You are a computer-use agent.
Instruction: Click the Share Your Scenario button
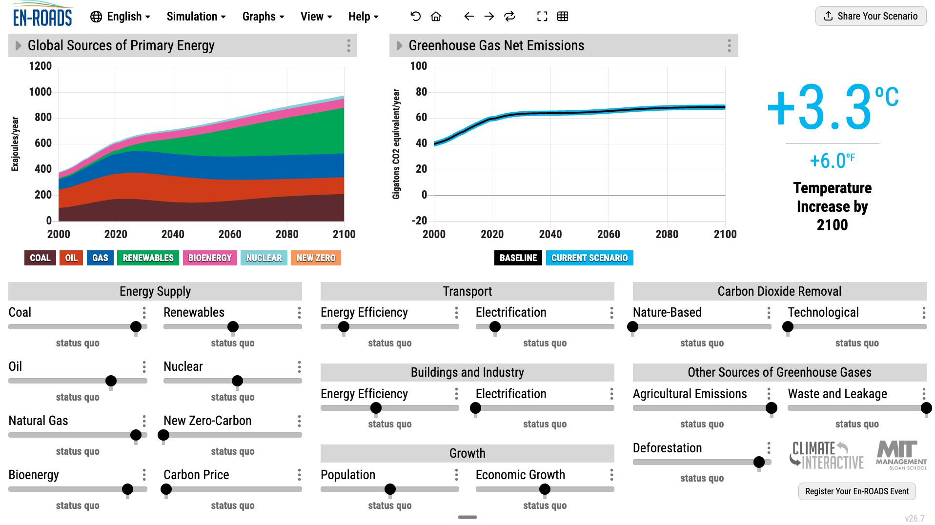pos(871,16)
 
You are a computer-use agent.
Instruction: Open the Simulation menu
pos(196,17)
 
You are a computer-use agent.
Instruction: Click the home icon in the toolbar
pos(436,17)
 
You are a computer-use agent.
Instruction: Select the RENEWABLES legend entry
pos(148,258)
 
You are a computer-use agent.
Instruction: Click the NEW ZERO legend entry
pos(316,258)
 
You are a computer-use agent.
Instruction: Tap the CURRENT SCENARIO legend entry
pos(589,258)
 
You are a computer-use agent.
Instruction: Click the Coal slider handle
pos(136,326)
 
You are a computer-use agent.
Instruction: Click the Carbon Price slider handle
pos(166,489)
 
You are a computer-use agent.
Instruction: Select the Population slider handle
pos(390,489)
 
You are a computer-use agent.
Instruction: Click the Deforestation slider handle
pos(759,462)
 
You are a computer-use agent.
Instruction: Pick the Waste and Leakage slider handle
pos(926,408)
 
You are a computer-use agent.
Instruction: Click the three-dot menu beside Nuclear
pos(299,367)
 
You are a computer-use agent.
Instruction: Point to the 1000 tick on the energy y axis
pos(41,92)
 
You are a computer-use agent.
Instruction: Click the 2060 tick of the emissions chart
pos(609,234)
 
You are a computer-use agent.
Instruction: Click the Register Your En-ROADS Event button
pos(857,491)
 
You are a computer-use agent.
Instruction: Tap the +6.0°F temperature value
pos(832,161)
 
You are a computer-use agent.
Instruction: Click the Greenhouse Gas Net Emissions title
pos(496,46)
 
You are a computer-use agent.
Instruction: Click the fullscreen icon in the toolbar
pos(542,17)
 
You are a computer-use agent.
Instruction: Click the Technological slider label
pos(823,312)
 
